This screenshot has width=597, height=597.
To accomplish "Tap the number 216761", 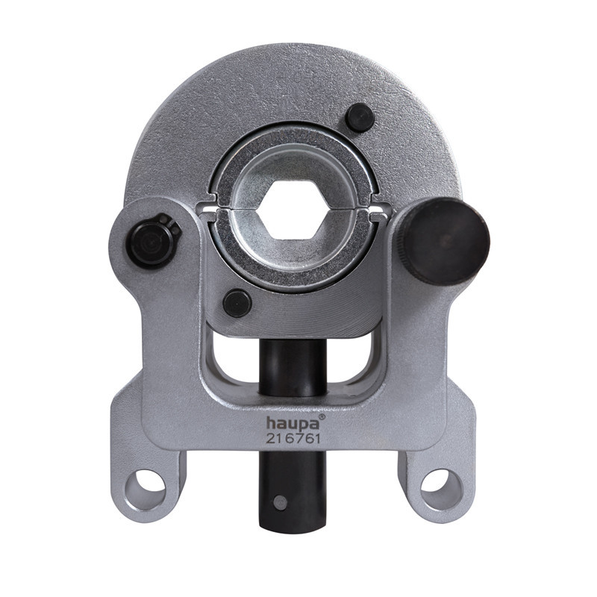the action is tap(293, 439).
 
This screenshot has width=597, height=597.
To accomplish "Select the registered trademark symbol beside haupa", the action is tap(322, 417).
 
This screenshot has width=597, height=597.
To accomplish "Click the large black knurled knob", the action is tap(441, 241).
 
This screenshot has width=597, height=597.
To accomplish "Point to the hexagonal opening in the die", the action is tap(293, 210).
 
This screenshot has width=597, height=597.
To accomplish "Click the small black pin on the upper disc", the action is tap(360, 118).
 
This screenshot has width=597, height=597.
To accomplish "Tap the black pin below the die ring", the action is tap(237, 304).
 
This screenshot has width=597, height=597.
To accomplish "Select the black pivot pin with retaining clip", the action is tap(151, 241).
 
